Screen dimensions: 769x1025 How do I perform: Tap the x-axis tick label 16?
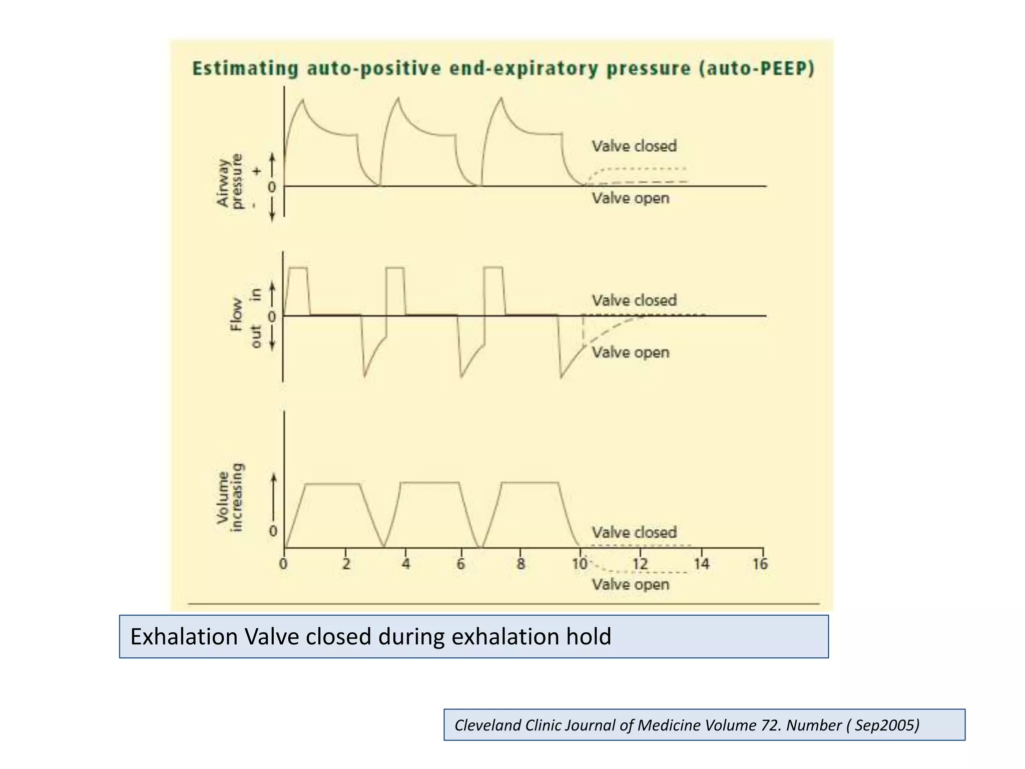(760, 564)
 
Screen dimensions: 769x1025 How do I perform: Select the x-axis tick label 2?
(346, 564)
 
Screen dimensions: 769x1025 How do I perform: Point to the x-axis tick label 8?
(521, 564)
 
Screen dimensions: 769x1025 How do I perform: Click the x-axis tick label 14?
(701, 564)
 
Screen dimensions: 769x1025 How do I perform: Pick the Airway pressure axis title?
(229, 180)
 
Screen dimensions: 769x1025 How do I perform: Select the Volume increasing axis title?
(230, 498)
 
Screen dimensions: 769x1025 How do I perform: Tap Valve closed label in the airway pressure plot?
(634, 146)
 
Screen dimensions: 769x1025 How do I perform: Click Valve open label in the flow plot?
(631, 352)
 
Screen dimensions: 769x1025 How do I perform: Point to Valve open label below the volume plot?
(631, 585)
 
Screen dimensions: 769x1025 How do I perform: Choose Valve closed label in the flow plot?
(634, 300)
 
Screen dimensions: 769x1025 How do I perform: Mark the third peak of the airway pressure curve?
(501, 98)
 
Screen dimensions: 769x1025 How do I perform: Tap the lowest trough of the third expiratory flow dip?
(561, 377)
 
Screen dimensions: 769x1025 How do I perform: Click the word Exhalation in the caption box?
(184, 637)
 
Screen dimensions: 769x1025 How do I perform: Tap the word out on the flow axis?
(256, 336)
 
